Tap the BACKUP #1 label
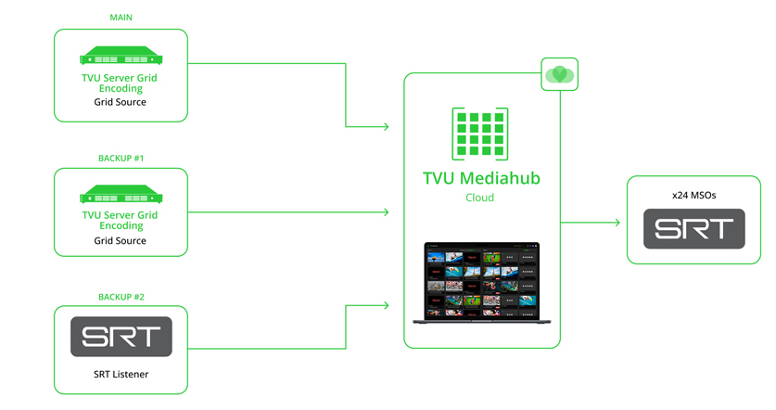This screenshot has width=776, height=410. pos(121,158)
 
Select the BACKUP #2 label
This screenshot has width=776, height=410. pos(121,297)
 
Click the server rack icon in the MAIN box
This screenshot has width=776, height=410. pos(121,56)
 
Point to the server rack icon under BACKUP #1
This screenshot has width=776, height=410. pos(121,195)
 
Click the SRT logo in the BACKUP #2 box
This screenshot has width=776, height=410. pos(121,337)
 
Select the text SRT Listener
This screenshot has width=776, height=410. pos(121,374)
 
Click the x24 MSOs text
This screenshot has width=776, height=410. pos(694,195)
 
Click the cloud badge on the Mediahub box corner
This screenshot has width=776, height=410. pos(559,74)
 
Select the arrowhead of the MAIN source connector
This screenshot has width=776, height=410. pos(386,126)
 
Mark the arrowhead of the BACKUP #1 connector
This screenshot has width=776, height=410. pos(386,212)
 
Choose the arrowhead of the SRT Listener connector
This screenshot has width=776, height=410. pos(386,303)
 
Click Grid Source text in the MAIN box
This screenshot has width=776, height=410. pos(121,102)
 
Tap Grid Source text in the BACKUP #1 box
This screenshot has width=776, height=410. pos(121,241)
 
